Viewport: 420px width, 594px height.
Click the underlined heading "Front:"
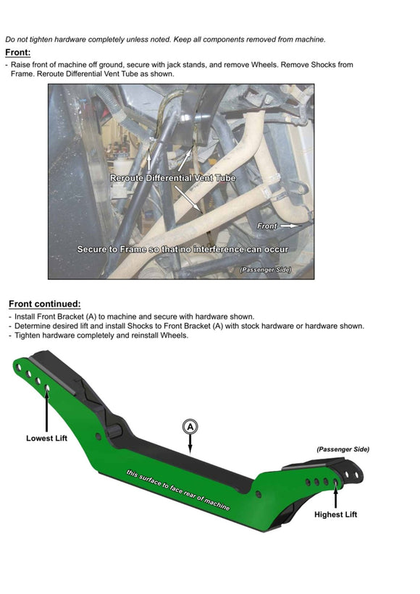click(x=18, y=53)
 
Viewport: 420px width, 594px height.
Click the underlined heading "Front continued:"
click(x=45, y=304)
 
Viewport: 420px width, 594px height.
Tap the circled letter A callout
click(x=190, y=427)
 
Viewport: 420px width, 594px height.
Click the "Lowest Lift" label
click(x=46, y=438)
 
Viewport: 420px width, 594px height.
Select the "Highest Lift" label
click(x=335, y=514)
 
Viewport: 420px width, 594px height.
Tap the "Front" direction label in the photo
click(x=267, y=226)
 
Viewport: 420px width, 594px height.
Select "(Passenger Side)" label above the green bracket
click(x=343, y=449)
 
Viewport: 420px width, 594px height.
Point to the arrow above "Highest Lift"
click(x=335, y=497)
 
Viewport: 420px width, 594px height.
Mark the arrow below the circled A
click(x=190, y=443)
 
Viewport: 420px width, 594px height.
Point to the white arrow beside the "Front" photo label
click(x=292, y=226)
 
